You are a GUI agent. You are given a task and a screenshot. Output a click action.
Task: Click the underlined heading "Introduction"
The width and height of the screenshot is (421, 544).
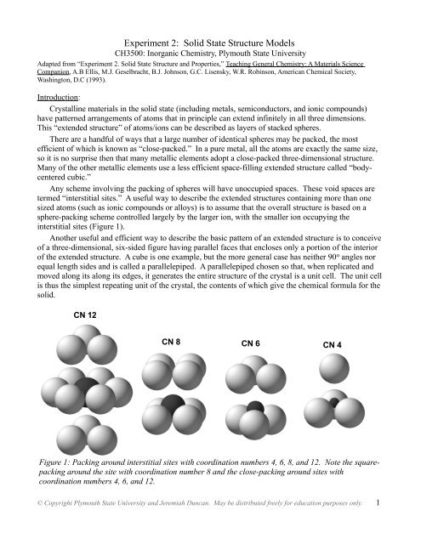coord(48,96)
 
